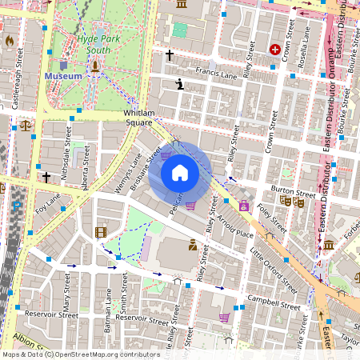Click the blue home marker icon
point(180,173)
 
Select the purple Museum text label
point(63,76)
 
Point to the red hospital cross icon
point(276,50)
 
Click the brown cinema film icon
point(100,232)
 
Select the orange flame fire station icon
point(10,39)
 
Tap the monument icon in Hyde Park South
point(94,66)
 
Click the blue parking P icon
point(17,206)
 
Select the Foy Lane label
point(48,206)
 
